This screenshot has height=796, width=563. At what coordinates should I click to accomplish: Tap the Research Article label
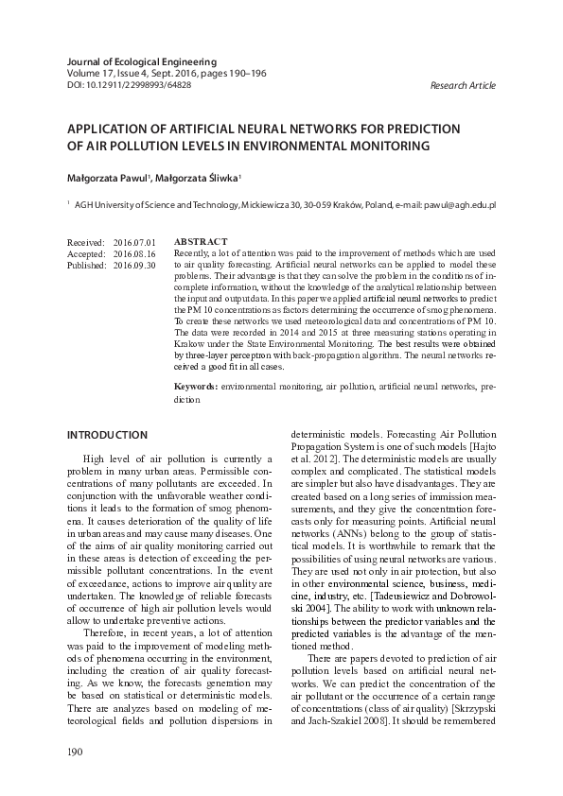click(462, 85)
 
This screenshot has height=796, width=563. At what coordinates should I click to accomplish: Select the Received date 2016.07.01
click(134, 243)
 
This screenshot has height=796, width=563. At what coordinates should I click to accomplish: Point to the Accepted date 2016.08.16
click(134, 254)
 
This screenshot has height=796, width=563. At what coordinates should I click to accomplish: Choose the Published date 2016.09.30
click(134, 266)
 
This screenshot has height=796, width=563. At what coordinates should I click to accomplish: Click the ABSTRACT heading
click(202, 243)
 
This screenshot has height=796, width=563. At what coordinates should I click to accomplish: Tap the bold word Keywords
click(196, 388)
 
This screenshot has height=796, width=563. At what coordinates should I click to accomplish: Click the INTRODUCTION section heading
click(107, 435)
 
